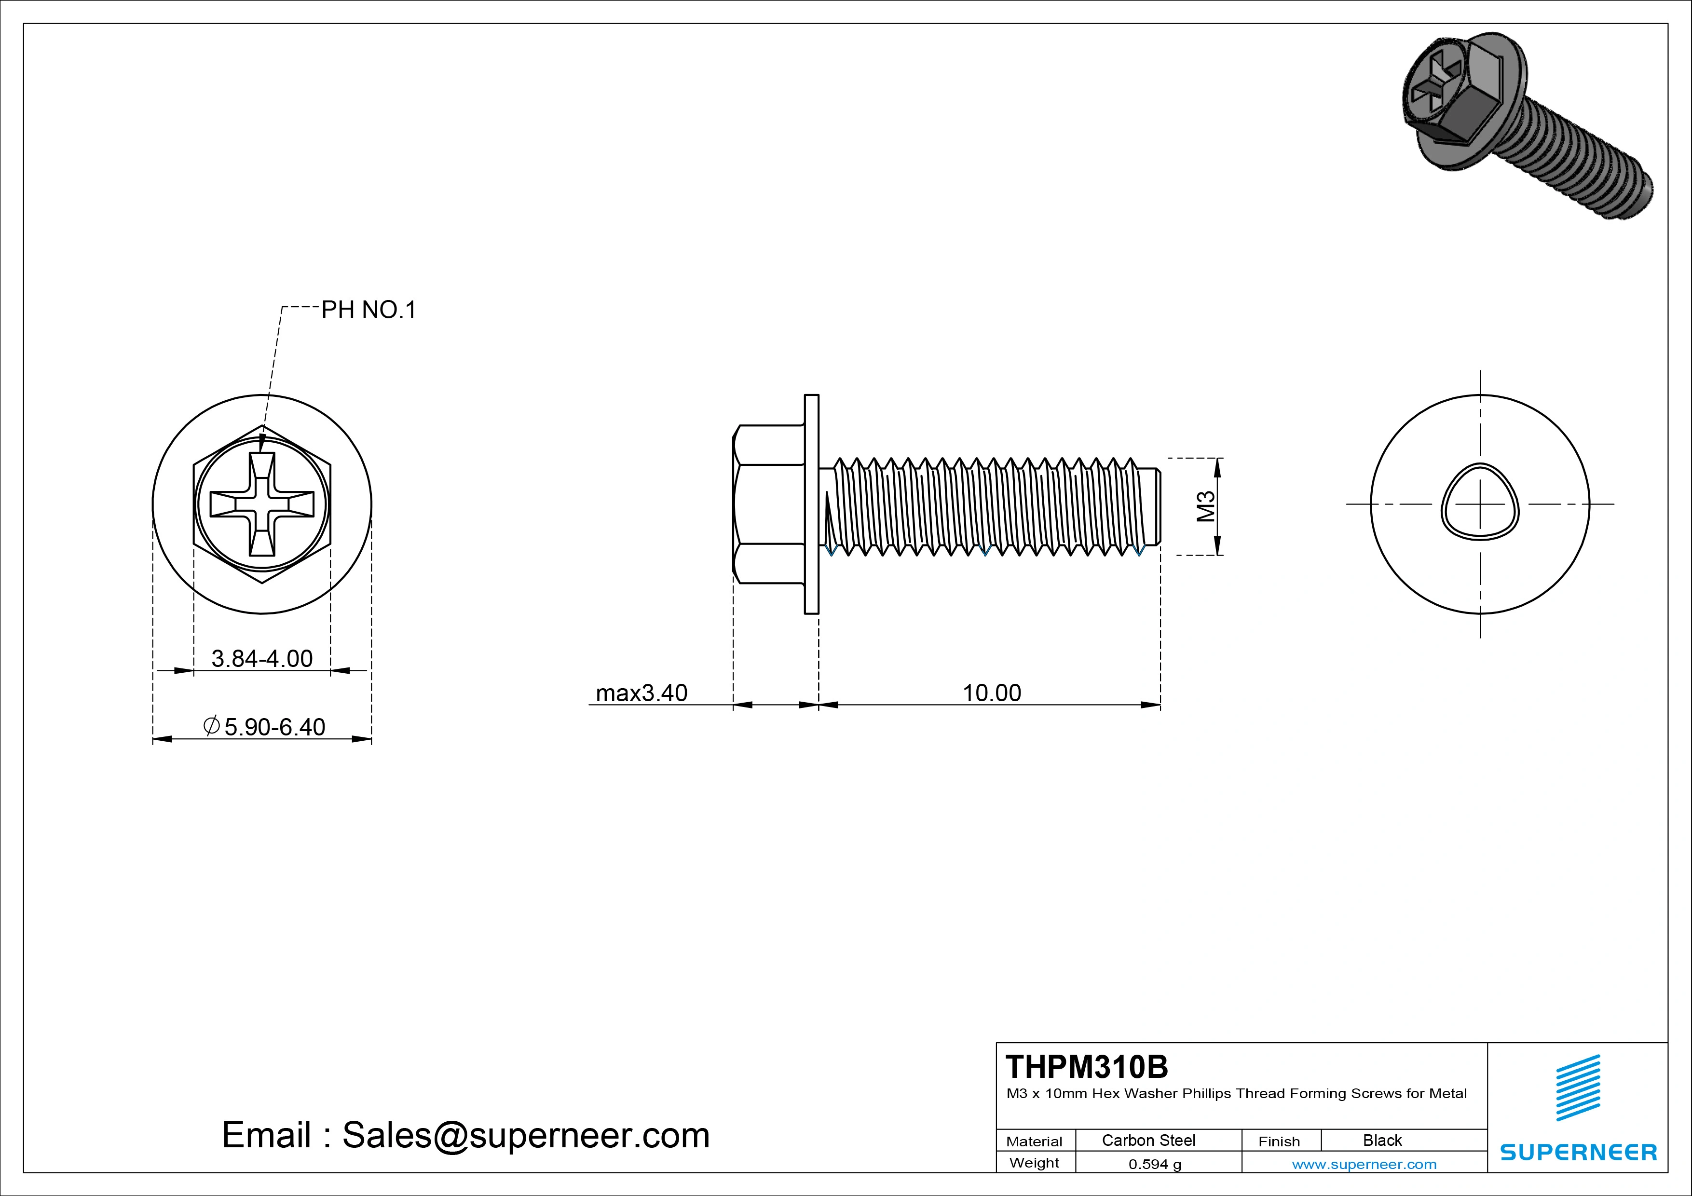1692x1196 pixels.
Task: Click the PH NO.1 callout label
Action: point(368,310)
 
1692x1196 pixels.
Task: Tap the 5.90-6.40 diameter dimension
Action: point(273,727)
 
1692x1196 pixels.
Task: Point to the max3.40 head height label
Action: point(641,693)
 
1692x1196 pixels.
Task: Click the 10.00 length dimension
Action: point(992,693)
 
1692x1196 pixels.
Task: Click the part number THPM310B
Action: point(1086,1066)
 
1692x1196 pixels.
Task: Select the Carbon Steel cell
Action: point(1148,1140)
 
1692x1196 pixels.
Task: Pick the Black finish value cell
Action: point(1382,1140)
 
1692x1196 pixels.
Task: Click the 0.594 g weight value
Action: point(1155,1164)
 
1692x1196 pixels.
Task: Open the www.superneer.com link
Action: point(1364,1164)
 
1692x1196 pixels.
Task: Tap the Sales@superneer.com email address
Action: point(525,1135)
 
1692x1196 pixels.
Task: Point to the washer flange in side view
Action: point(811,504)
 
